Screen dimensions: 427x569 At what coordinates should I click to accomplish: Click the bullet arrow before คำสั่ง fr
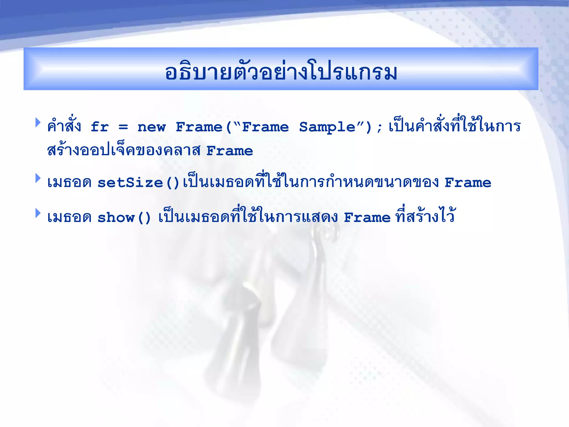click(x=38, y=122)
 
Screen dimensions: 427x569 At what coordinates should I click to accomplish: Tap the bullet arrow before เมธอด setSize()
click(x=38, y=178)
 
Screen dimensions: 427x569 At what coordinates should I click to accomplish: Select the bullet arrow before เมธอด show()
click(x=38, y=213)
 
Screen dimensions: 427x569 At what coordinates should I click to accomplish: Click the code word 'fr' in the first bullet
click(x=99, y=127)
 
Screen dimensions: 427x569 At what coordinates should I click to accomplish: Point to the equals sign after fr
click(x=123, y=127)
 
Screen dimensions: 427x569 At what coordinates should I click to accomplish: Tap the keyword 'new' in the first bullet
click(x=152, y=127)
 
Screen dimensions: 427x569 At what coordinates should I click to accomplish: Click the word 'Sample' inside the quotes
click(x=327, y=127)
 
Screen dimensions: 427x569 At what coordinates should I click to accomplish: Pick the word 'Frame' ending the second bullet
click(x=468, y=183)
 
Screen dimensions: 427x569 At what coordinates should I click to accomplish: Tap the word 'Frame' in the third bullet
click(x=367, y=218)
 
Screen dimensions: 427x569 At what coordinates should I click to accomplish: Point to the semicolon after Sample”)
click(x=380, y=128)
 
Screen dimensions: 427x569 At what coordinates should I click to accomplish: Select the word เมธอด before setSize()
click(x=69, y=183)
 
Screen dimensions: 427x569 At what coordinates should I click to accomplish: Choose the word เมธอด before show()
click(x=69, y=218)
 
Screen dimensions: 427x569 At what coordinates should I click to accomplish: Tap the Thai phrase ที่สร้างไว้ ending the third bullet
click(x=425, y=215)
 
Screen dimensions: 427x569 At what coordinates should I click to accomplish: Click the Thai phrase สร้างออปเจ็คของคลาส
click(x=124, y=150)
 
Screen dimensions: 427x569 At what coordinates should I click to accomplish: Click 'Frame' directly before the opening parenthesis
click(x=199, y=127)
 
